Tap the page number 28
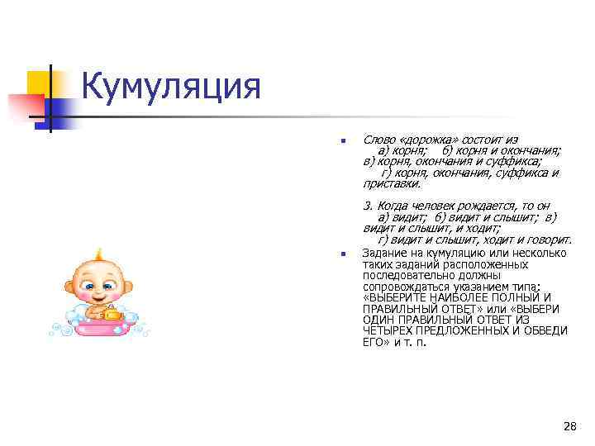click(569, 426)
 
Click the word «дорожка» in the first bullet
click(430, 140)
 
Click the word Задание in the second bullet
click(383, 254)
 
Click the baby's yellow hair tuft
click(98, 253)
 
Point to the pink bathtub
click(102, 325)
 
